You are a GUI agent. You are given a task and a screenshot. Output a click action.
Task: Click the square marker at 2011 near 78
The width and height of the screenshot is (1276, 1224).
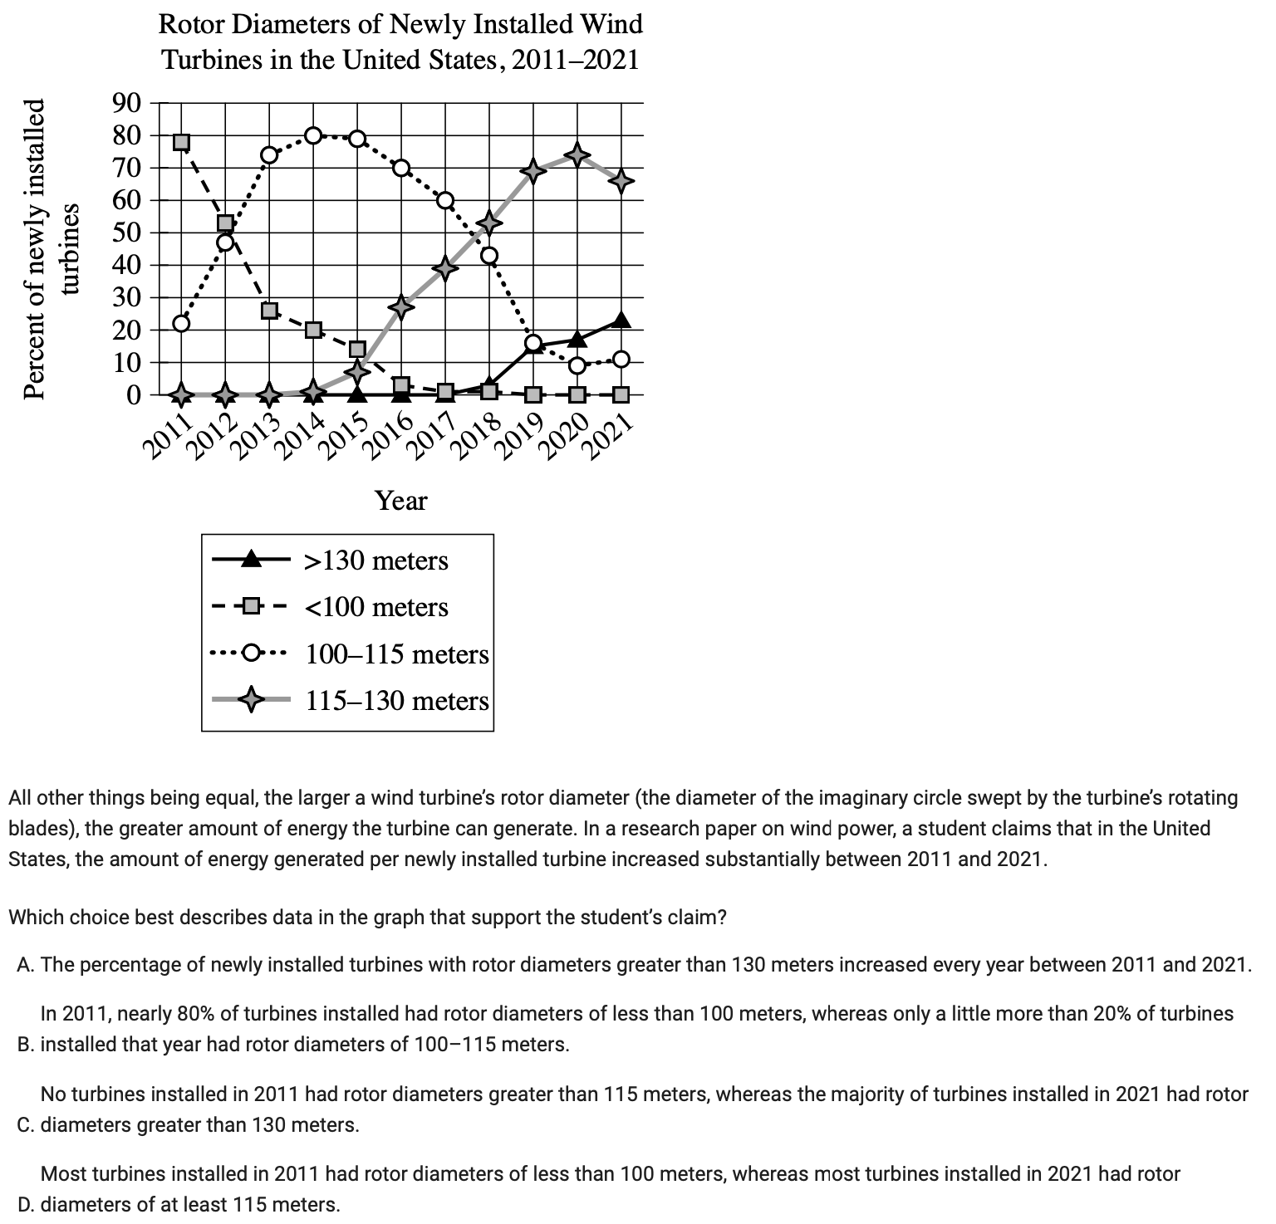click(181, 142)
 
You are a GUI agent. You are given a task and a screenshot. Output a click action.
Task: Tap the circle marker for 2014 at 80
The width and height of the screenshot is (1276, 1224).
click(313, 135)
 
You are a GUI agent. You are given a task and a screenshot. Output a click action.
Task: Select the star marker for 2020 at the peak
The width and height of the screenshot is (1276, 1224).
click(577, 155)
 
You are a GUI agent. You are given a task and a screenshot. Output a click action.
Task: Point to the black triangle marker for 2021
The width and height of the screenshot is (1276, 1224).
click(621, 321)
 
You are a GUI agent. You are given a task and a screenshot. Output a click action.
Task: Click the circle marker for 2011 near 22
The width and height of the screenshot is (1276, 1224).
click(181, 323)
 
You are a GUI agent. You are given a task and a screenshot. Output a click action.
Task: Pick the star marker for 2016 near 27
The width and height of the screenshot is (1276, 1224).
click(401, 306)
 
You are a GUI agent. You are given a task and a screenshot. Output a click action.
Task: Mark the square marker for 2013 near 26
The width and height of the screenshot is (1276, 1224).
click(269, 311)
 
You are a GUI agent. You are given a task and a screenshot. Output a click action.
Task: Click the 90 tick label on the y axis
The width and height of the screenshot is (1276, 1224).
click(127, 104)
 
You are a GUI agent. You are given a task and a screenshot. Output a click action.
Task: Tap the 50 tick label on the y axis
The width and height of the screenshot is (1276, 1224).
click(127, 233)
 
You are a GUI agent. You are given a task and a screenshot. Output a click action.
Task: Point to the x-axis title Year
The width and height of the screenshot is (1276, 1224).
click(400, 501)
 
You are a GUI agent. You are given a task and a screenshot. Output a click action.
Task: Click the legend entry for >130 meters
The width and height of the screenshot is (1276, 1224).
click(376, 561)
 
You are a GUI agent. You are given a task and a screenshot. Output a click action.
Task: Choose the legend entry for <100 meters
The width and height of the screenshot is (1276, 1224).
click(376, 607)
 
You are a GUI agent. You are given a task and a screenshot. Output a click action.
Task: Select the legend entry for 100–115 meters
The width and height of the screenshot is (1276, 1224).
click(397, 654)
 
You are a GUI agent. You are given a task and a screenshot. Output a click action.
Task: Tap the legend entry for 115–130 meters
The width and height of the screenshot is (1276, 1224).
click(397, 701)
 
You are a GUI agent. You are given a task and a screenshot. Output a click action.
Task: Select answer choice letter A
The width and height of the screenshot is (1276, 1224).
click(24, 965)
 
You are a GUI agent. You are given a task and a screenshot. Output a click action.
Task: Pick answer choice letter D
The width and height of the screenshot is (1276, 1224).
click(24, 1204)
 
